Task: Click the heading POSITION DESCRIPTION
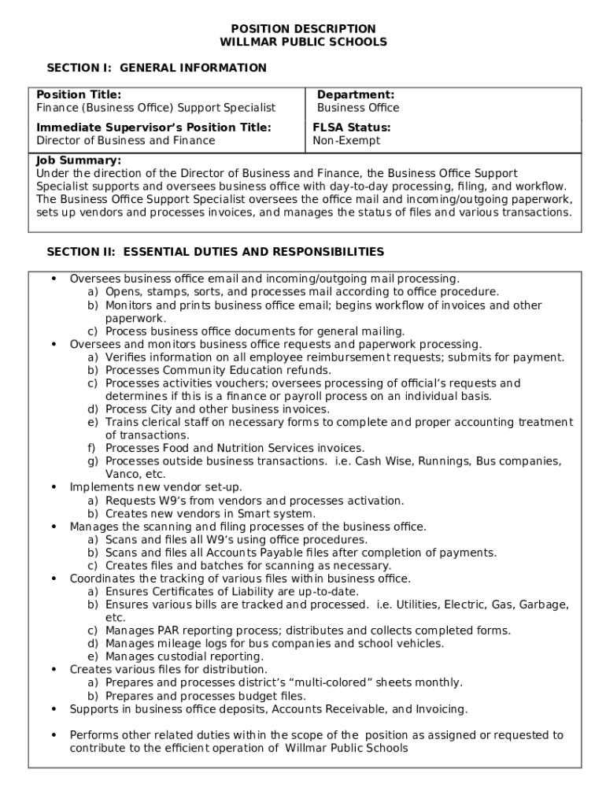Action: click(303, 29)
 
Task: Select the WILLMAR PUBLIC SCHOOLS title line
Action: click(303, 43)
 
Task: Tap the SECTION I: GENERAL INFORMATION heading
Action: click(157, 68)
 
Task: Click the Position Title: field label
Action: click(79, 95)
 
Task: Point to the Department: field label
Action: click(356, 95)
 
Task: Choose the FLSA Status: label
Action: click(352, 128)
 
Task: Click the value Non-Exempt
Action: click(346, 141)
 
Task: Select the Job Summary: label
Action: click(79, 161)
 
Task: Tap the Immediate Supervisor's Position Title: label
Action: click(153, 128)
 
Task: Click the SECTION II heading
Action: click(216, 253)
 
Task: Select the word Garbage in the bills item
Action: click(543, 604)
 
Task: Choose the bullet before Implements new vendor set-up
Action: click(54, 488)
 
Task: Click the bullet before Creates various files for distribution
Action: click(54, 670)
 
